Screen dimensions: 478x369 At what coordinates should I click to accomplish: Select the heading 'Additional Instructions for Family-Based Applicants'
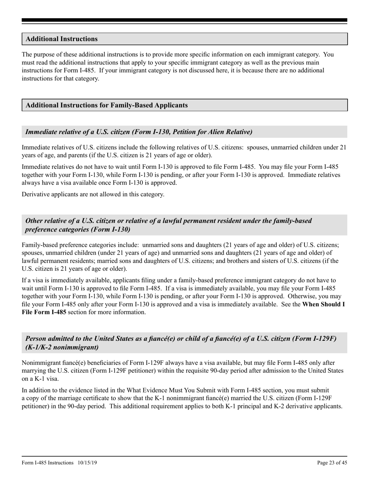106,105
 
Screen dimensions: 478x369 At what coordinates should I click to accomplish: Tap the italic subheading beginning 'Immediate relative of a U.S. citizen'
139,132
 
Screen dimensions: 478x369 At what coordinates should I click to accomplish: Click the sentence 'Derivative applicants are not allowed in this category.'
93,194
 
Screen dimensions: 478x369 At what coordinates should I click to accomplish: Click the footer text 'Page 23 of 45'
332,462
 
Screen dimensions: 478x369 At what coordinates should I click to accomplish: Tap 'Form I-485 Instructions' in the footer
48,462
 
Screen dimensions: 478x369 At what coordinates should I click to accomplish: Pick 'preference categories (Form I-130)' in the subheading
78,229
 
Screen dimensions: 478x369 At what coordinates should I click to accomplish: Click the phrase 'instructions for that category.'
61,78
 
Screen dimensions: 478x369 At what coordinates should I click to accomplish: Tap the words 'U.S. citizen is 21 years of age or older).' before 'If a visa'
74,269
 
